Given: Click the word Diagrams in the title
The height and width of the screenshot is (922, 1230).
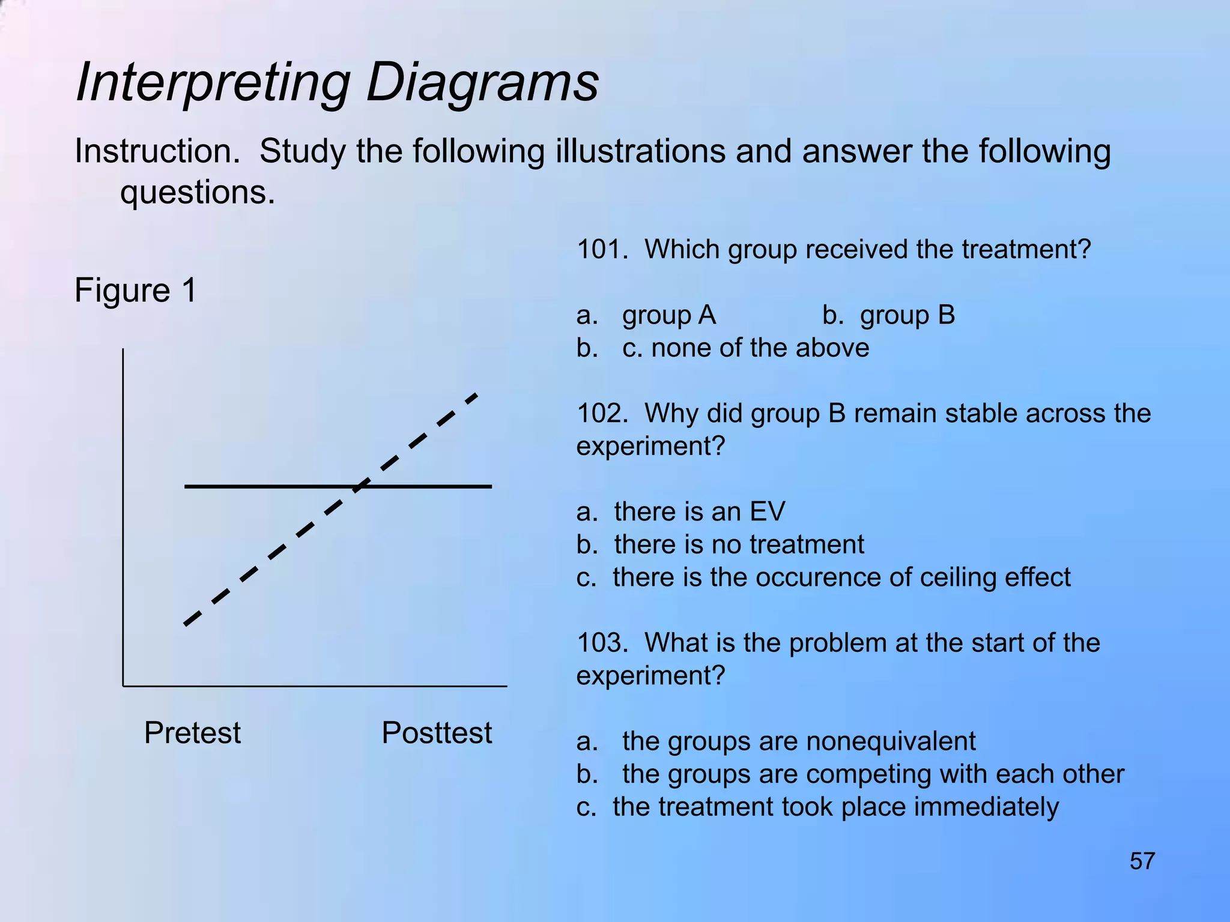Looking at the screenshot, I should click(482, 82).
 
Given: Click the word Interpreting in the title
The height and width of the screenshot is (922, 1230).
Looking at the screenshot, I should click(213, 82).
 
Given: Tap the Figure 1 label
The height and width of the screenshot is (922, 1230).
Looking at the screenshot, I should click(136, 291).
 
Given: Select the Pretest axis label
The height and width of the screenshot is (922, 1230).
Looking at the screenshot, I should click(192, 733).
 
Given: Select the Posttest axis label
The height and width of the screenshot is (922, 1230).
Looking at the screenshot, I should click(437, 733).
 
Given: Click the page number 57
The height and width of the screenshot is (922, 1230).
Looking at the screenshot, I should click(1142, 861).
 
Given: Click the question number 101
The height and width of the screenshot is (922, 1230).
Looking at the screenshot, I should click(601, 249).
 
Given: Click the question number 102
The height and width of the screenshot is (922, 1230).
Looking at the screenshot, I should click(601, 414).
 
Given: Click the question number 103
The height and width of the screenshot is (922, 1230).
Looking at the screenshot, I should click(601, 643).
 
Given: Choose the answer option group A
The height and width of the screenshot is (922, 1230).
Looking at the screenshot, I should click(668, 315).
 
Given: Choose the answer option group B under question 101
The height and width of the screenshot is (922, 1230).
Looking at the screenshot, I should click(907, 315).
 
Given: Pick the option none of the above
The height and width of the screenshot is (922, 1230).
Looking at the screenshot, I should click(760, 348).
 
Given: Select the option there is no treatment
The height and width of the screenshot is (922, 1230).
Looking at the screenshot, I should click(739, 544).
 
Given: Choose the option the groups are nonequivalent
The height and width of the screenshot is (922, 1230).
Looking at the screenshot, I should click(799, 741).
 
